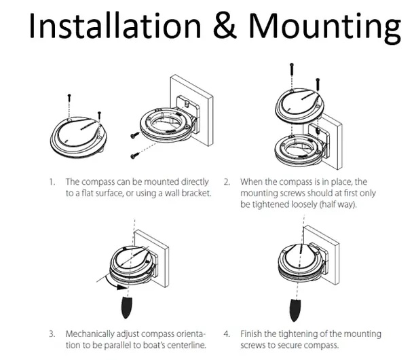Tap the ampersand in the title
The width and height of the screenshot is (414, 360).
click(229, 26)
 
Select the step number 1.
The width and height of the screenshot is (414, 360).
click(52, 182)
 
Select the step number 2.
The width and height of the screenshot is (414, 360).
click(227, 182)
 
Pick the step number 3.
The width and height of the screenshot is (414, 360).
click(52, 334)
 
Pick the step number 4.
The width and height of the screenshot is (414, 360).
click(227, 334)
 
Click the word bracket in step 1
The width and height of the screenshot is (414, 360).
click(194, 194)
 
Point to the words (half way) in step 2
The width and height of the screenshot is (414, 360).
click(323, 204)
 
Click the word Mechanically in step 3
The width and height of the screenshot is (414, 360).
click(92, 334)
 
